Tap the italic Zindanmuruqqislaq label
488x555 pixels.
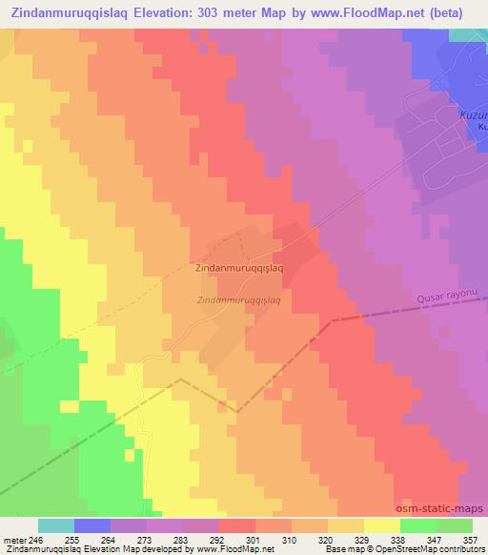238,300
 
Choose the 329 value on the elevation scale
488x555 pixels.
364,540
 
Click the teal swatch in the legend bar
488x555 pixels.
56,525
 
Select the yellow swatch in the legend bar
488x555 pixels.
382,525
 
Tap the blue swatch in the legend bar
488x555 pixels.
92,525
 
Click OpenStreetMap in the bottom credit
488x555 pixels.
413,550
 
